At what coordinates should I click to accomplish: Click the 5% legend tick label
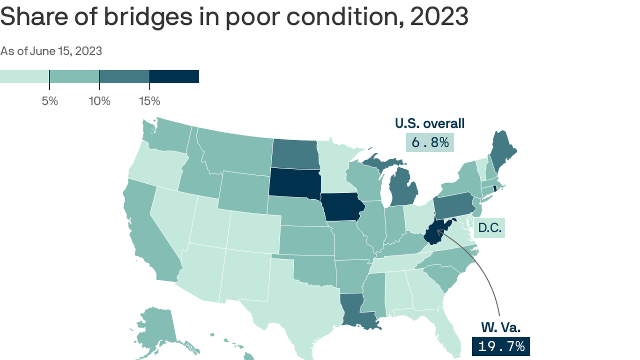click(x=50, y=101)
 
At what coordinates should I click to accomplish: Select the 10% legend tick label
click(x=99, y=101)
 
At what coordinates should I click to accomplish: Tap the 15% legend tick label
click(x=149, y=101)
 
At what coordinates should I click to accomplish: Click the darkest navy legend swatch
click(x=174, y=76)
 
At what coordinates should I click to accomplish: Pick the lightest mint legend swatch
click(x=24, y=76)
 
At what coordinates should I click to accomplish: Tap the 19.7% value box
click(x=501, y=347)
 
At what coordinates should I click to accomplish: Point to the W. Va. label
click(x=500, y=327)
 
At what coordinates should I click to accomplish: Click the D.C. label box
click(x=490, y=229)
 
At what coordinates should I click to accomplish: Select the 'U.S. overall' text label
click(x=430, y=124)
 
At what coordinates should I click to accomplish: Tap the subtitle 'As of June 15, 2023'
click(x=51, y=51)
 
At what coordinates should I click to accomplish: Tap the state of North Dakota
click(x=296, y=154)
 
